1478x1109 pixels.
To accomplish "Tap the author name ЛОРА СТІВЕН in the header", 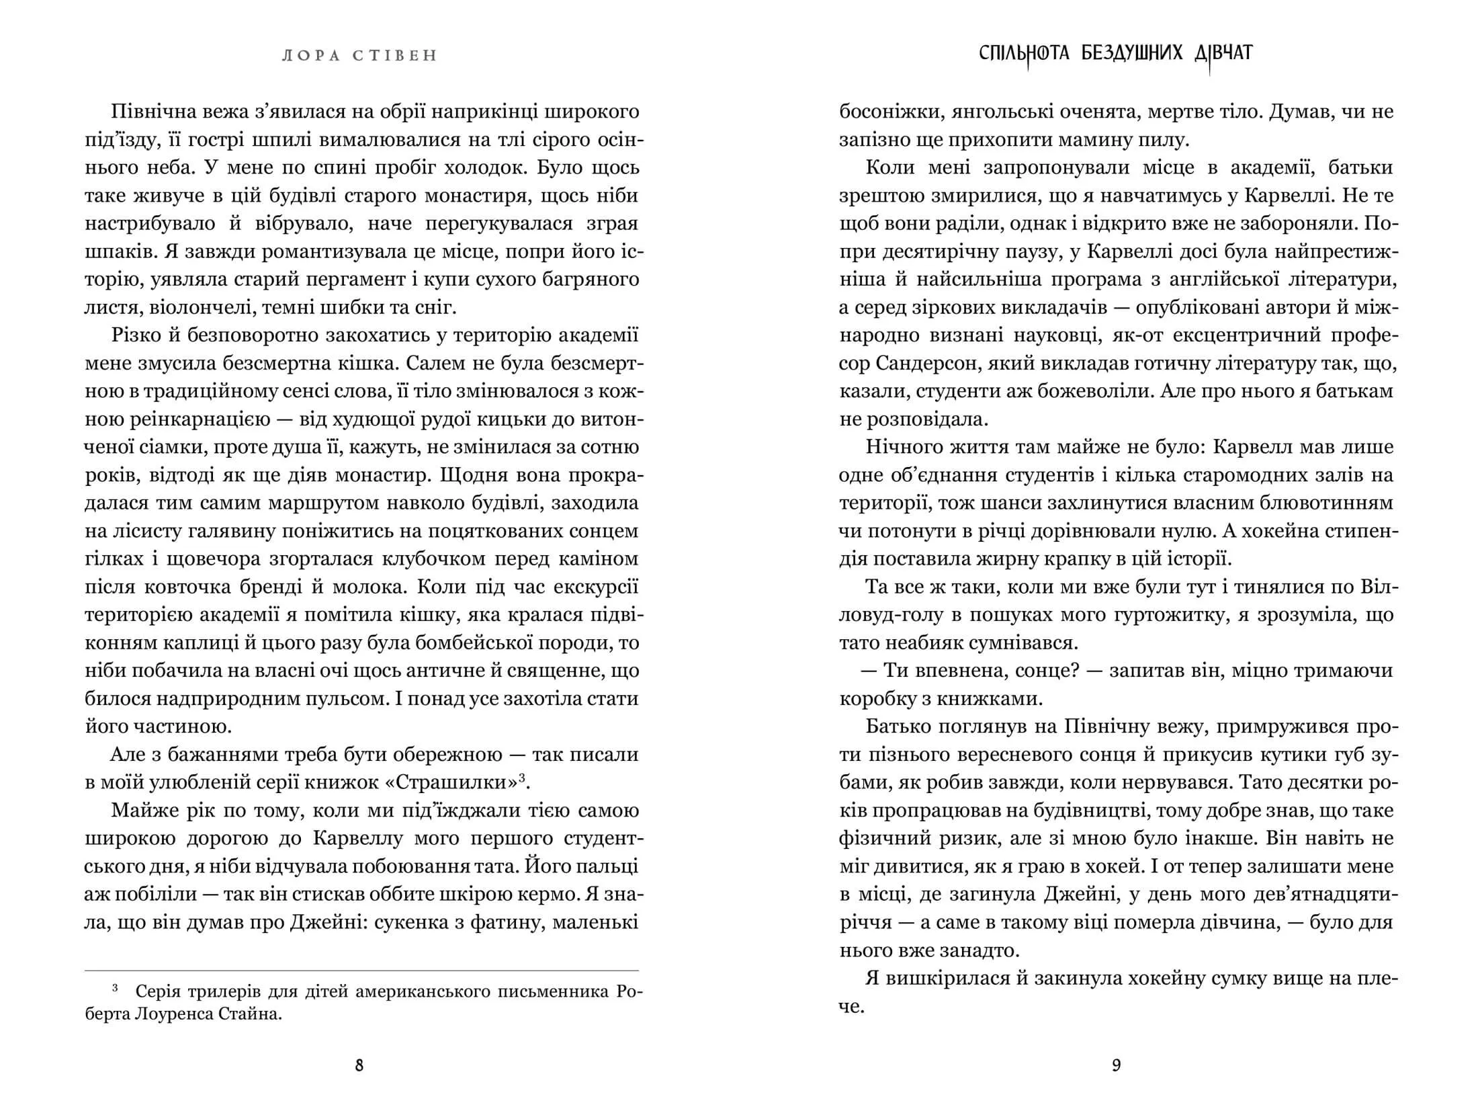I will [x=359, y=56].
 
